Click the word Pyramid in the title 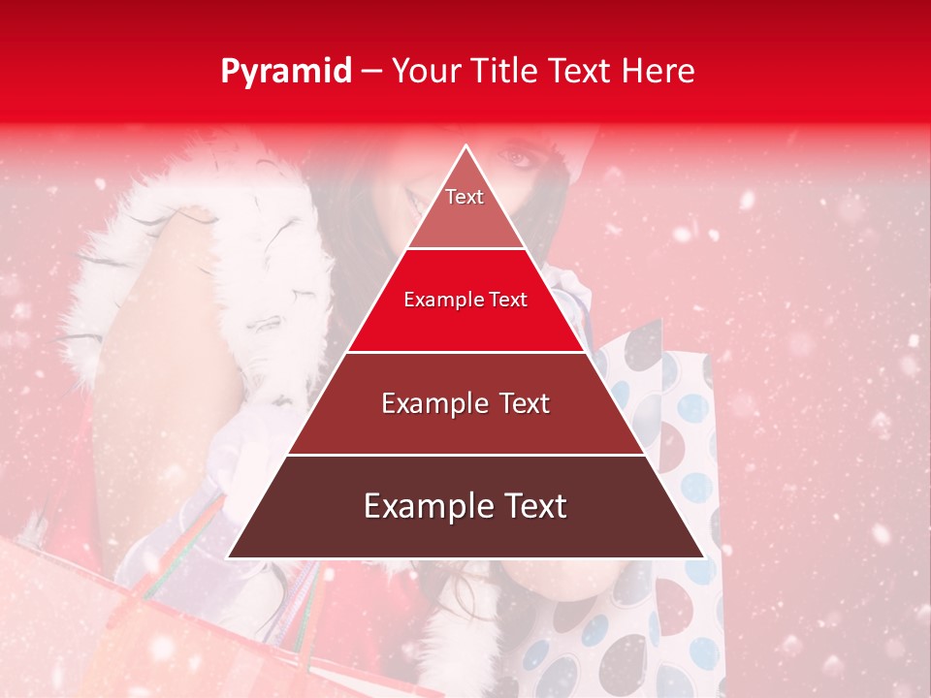[286, 72]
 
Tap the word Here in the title [658, 71]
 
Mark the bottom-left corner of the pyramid [229, 557]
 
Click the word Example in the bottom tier [423, 506]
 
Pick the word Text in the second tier [507, 300]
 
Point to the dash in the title [371, 72]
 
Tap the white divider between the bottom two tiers [465, 455]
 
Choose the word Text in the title [584, 71]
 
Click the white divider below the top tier [465, 249]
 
